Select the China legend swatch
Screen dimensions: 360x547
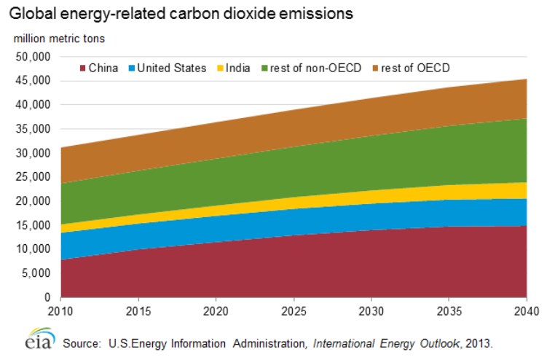click(x=82, y=69)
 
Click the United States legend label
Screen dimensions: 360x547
click(x=172, y=69)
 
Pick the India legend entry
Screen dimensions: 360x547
click(x=237, y=69)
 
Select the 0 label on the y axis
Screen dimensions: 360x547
click(x=45, y=297)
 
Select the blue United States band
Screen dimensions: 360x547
click(x=291, y=219)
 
